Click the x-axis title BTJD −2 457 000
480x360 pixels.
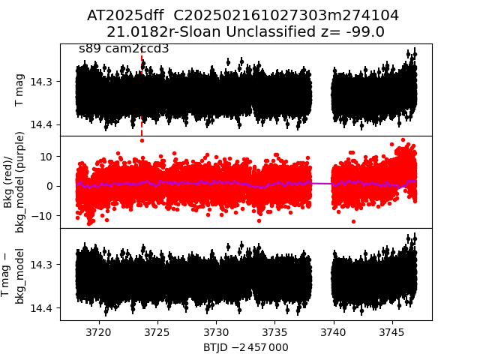coord(245,347)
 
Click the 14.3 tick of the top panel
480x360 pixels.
coord(46,81)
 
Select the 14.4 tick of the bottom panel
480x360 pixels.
coord(46,308)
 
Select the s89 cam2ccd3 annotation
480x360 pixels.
coord(124,49)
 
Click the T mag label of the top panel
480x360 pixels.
coord(20,90)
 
